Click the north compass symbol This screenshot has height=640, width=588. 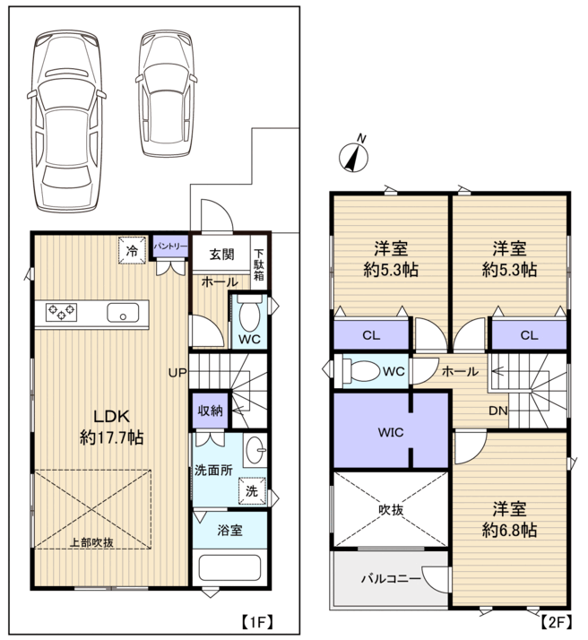click(x=353, y=156)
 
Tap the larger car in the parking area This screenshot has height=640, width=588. click(x=66, y=121)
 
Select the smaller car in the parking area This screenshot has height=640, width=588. click(x=166, y=93)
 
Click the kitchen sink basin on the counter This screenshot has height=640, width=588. click(x=123, y=313)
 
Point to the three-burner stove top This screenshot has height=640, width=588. click(x=61, y=312)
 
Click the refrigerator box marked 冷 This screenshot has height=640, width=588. click(x=132, y=250)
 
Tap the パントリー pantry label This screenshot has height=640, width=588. click(x=170, y=246)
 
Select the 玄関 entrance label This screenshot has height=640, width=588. click(x=221, y=255)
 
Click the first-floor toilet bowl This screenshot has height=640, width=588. click(x=249, y=316)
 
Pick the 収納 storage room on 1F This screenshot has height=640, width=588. click(x=210, y=411)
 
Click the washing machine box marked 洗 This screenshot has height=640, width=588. click(x=252, y=491)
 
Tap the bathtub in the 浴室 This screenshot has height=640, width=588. click(x=229, y=567)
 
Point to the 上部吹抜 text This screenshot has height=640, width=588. click(x=91, y=542)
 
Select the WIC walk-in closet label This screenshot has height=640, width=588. click(x=391, y=432)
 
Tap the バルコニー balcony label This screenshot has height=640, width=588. click(x=391, y=578)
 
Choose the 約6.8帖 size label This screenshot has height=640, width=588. click(x=509, y=530)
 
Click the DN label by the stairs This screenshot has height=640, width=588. click(x=497, y=411)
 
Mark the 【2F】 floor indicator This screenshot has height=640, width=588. click(x=556, y=622)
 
